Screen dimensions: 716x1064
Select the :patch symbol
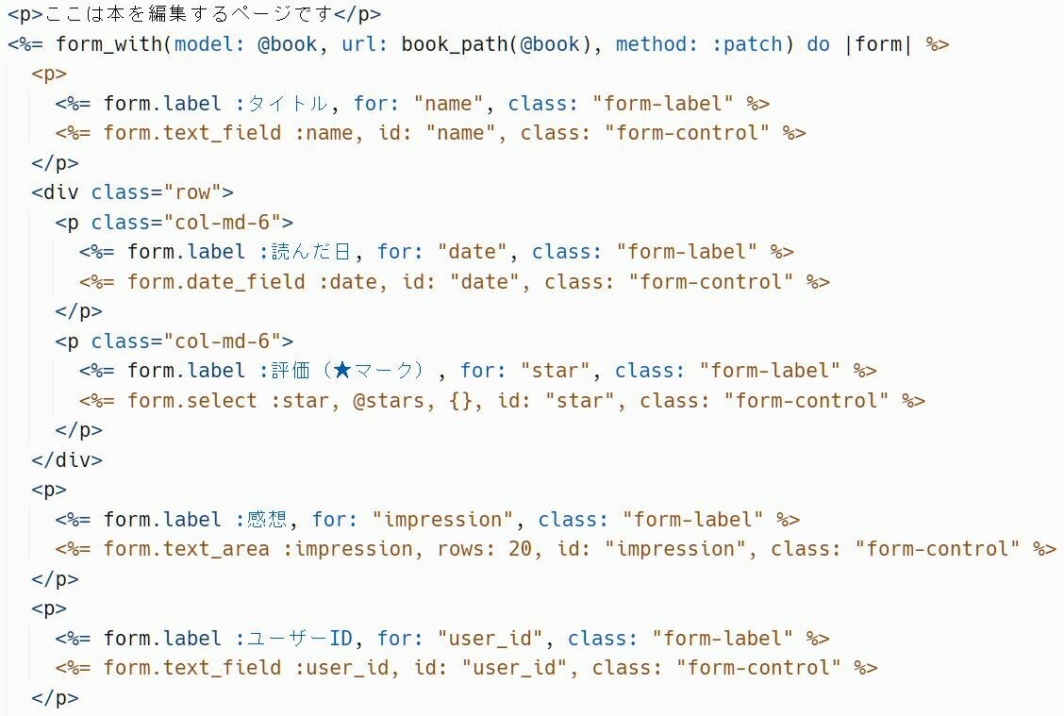tap(753, 44)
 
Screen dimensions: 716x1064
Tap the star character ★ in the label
tap(341, 371)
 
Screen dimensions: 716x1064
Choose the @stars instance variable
tap(389, 401)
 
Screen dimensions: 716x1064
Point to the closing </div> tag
tap(67, 460)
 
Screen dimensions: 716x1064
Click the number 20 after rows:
tap(520, 549)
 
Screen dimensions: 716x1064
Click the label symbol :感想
tap(264, 520)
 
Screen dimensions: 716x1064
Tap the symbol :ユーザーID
tap(300, 639)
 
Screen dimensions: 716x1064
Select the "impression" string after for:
tap(442, 520)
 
